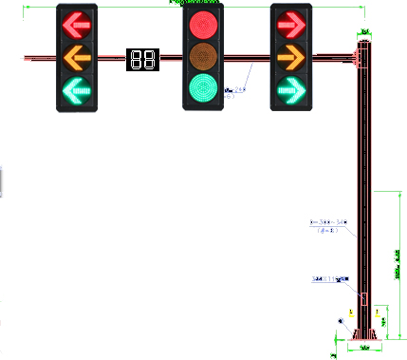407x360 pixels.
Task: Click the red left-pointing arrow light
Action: pyautogui.click(x=77, y=24)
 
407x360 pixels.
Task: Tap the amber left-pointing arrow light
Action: pyautogui.click(x=77, y=58)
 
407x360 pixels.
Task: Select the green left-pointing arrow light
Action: pyautogui.click(x=77, y=92)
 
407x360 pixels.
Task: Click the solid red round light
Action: pyautogui.click(x=202, y=24)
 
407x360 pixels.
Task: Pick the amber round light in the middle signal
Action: pyautogui.click(x=202, y=56)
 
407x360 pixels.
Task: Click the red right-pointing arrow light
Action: pyautogui.click(x=291, y=24)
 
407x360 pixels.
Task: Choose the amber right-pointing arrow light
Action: pyautogui.click(x=291, y=58)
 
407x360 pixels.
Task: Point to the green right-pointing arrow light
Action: pyautogui.click(x=291, y=92)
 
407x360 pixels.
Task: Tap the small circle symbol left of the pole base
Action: pyautogui.click(x=341, y=322)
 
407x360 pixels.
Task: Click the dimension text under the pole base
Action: pyautogui.click(x=364, y=349)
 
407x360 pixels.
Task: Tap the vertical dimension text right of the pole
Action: pyautogui.click(x=396, y=266)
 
